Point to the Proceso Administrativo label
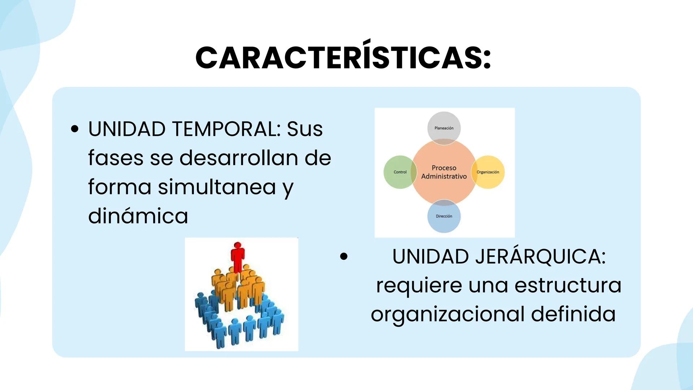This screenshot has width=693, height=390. coord(444,172)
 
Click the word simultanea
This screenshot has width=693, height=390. coord(217,187)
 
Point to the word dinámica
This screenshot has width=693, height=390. coord(138,216)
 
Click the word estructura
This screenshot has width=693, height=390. coord(568,285)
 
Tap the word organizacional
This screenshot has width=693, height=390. coord(447,314)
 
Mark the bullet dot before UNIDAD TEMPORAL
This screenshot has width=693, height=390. coord(75,129)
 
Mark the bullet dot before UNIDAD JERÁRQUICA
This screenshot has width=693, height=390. coord(343,256)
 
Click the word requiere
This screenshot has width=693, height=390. coord(419,285)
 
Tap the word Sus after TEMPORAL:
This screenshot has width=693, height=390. coord(304,129)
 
